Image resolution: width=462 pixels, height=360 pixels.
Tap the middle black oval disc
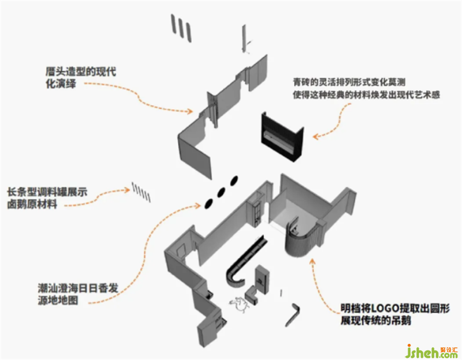tap(221, 192)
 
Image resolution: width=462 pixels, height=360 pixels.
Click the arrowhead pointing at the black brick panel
tap(315, 137)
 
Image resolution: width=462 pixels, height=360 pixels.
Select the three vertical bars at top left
tap(180, 27)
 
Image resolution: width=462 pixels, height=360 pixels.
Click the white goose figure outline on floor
tap(241, 304)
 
